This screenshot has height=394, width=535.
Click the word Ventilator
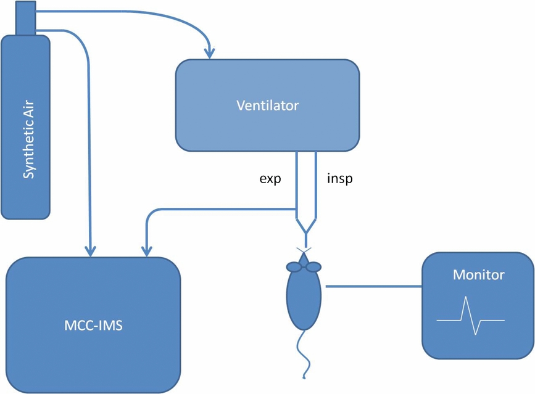pos(267,105)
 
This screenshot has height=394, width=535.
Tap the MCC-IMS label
pos(93,325)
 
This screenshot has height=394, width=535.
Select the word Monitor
pos(478,274)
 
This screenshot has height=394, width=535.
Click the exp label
pos(269,180)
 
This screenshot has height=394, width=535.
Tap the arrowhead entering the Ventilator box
pos(210,51)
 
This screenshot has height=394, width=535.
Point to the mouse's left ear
pos(293,267)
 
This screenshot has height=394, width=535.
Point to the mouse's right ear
pos(313,267)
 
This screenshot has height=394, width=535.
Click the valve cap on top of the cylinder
pos(25,18)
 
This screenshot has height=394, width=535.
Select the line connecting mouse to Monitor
pos(373,286)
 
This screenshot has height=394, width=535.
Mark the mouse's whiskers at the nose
pos(304,252)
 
